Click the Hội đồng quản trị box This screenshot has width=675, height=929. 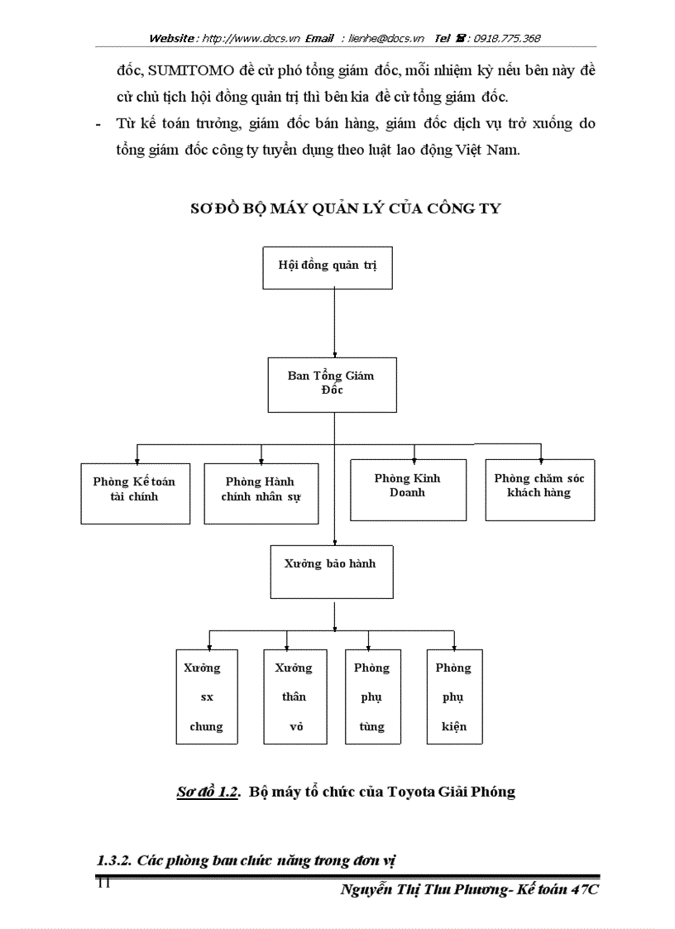click(x=328, y=267)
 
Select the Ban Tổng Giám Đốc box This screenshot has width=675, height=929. click(x=332, y=384)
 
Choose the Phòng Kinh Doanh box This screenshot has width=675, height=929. click(x=408, y=490)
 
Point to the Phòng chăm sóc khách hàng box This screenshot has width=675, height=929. click(x=539, y=490)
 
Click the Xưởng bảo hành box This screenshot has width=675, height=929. click(x=331, y=570)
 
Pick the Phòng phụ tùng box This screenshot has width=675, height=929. click(x=371, y=697)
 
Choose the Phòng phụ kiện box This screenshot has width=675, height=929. click(x=454, y=697)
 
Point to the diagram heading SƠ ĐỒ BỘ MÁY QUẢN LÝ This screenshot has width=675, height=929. click(x=345, y=208)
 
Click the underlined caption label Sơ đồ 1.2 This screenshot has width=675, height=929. click(x=208, y=792)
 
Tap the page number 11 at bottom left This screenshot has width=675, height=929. click(x=103, y=884)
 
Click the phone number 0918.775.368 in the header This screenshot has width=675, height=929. click(x=507, y=38)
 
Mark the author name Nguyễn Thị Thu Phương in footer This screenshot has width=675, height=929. click(x=426, y=890)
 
